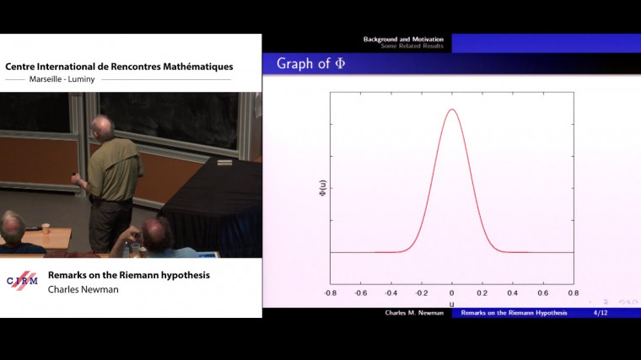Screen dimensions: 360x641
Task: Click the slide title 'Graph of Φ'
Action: point(311,63)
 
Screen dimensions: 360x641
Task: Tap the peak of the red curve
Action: point(452,109)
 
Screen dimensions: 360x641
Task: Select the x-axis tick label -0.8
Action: point(330,293)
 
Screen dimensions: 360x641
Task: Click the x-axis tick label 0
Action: point(452,293)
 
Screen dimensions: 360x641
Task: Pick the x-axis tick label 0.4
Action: point(511,293)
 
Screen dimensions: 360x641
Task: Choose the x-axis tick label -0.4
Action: point(391,293)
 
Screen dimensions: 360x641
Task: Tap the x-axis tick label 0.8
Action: point(572,293)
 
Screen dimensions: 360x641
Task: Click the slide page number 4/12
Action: point(601,313)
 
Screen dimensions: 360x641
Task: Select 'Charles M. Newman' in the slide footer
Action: point(415,313)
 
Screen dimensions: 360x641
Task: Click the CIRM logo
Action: point(22,281)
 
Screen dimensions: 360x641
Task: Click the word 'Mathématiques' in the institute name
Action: point(191,67)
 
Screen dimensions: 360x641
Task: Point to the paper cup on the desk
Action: point(46,228)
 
